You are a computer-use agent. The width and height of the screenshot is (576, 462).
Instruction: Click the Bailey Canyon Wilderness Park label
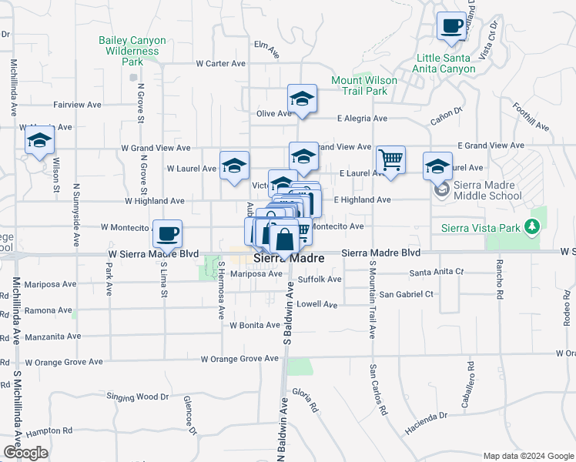pyautogui.click(x=129, y=51)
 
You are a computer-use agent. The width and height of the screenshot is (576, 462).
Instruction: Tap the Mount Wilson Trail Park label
pyautogui.click(x=364, y=85)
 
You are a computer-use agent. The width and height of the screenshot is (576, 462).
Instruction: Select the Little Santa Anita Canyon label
pyautogui.click(x=446, y=63)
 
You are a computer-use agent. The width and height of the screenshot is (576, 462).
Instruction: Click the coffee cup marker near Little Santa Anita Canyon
pyautogui.click(x=452, y=25)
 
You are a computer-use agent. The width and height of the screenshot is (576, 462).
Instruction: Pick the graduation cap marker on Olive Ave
pyautogui.click(x=302, y=98)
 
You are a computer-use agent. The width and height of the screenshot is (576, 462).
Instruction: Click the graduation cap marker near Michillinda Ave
pyautogui.click(x=39, y=140)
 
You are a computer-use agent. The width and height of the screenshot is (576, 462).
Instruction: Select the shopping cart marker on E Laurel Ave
pyautogui.click(x=391, y=160)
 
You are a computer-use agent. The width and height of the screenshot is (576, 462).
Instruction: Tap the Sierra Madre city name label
pyautogui.click(x=289, y=259)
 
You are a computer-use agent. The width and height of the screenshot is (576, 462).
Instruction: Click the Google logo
pyautogui.click(x=25, y=453)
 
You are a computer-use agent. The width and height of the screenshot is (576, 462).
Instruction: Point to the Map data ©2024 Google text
pyautogui.click(x=528, y=455)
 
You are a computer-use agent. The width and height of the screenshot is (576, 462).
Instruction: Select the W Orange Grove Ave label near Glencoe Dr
pyautogui.click(x=239, y=359)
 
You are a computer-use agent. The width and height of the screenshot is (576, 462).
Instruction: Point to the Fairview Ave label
pyautogui.click(x=77, y=104)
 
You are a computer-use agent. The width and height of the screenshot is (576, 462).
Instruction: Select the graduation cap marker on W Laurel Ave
pyautogui.click(x=234, y=165)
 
